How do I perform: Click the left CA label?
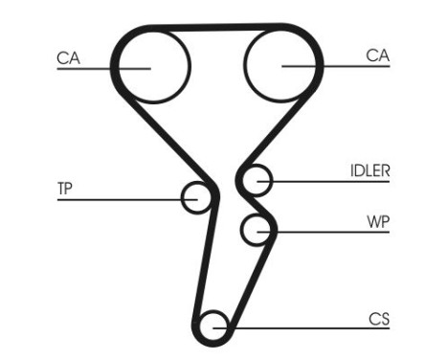67,58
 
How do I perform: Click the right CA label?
377,56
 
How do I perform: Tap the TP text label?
64,189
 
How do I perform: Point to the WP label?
378,221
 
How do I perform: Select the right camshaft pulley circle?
282,65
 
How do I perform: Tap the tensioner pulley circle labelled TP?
196,198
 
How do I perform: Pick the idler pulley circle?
257,179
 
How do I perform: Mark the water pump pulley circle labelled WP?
257,230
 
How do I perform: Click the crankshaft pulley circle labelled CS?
213,326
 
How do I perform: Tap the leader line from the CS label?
306,327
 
